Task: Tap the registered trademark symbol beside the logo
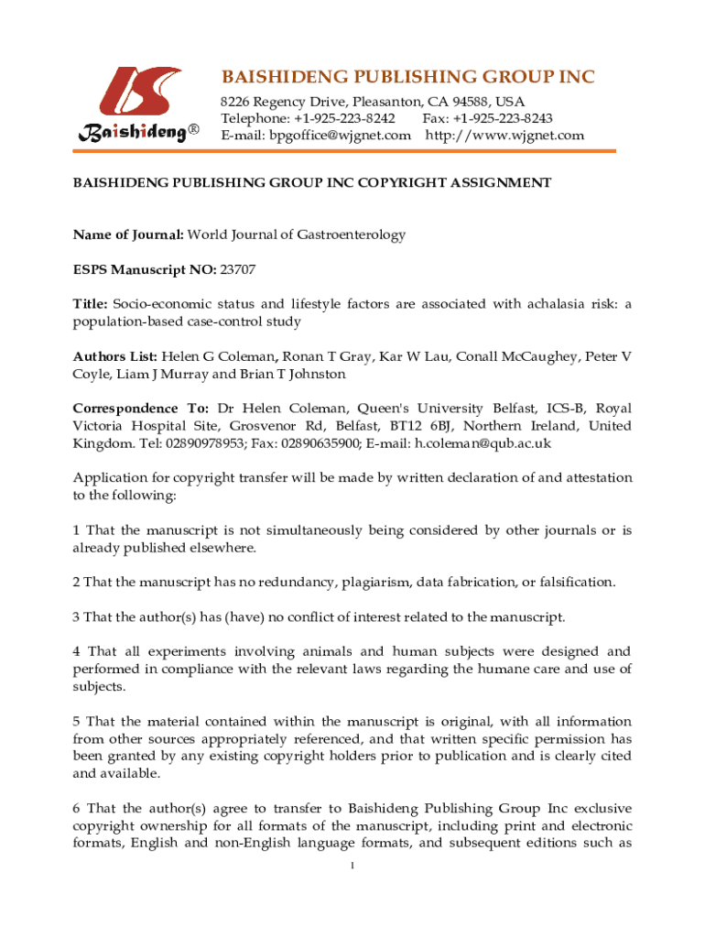pyautogui.click(x=193, y=133)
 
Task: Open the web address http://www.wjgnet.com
pyautogui.click(x=505, y=136)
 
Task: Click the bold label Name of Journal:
pyautogui.click(x=128, y=234)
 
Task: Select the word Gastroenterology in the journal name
pyautogui.click(x=351, y=234)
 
